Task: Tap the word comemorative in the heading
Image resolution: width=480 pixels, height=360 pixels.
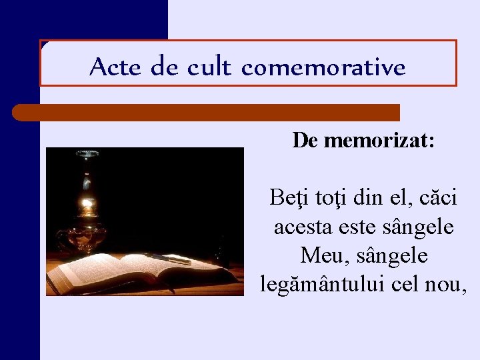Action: click(323, 67)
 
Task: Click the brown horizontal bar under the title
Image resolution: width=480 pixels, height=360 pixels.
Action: click(207, 112)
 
